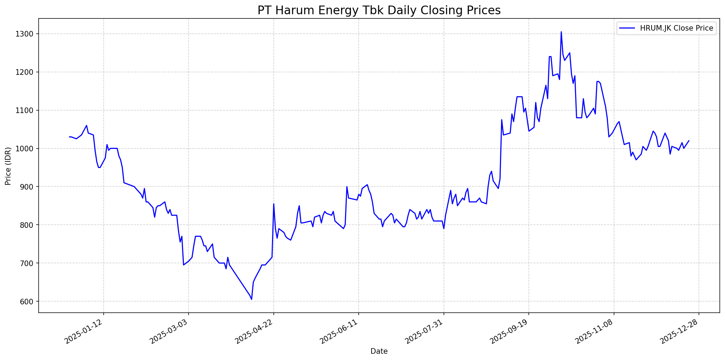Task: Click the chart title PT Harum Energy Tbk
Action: pyautogui.click(x=379, y=10)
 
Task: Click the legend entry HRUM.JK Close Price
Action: pyautogui.click(x=676, y=29)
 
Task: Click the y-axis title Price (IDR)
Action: pyautogui.click(x=8, y=166)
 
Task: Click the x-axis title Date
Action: pyautogui.click(x=379, y=351)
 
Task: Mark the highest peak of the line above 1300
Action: pyautogui.click(x=561, y=32)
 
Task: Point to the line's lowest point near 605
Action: pyautogui.click(x=252, y=299)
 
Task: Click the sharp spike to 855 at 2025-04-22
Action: pyautogui.click(x=274, y=204)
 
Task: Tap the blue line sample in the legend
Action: pyautogui.click(x=627, y=29)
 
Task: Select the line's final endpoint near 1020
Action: pyautogui.click(x=689, y=141)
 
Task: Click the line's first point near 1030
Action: pyautogui.click(x=69, y=137)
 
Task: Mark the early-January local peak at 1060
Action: pyautogui.click(x=87, y=126)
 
